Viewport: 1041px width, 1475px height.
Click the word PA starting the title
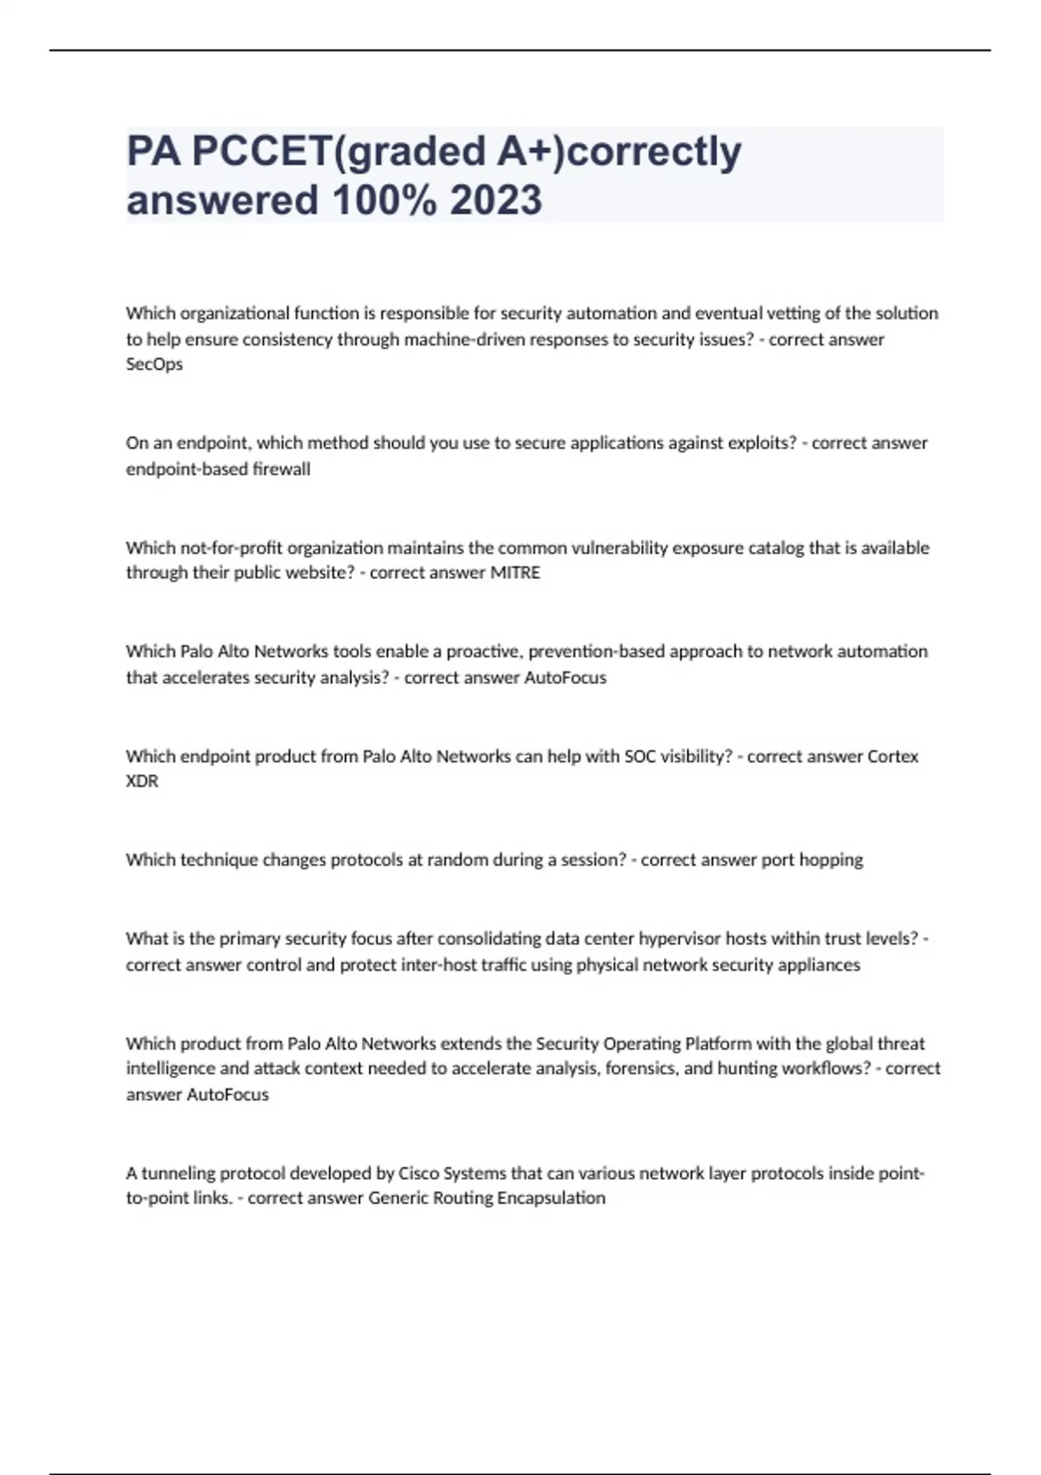[154, 151]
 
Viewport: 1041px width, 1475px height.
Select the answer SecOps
[154, 364]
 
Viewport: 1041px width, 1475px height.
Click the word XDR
[142, 781]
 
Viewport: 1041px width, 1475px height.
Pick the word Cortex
[893, 756]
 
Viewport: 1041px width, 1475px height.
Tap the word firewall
[281, 469]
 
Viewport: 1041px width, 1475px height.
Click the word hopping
[831, 860]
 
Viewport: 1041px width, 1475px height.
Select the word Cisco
[418, 1173]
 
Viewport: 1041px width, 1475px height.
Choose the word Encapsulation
[551, 1198]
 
